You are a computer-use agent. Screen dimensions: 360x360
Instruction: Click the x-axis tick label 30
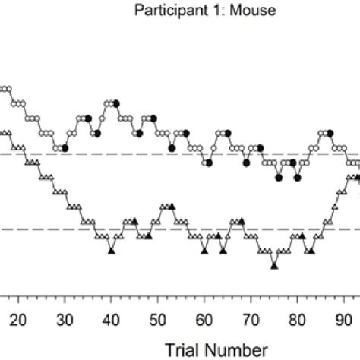[65, 320]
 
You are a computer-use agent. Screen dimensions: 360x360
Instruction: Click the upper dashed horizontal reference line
[152, 154]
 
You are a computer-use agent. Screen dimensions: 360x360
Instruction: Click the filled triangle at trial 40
[112, 251]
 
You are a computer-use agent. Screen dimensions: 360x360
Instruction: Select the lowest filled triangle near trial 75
[274, 265]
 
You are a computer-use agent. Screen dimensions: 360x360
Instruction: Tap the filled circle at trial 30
[65, 147]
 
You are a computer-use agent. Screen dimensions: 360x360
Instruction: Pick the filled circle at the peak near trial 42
[116, 103]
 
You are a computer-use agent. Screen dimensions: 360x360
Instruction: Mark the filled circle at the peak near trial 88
[330, 132]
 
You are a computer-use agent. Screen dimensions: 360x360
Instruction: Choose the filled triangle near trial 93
[358, 177]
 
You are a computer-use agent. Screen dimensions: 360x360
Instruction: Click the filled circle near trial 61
[209, 162]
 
